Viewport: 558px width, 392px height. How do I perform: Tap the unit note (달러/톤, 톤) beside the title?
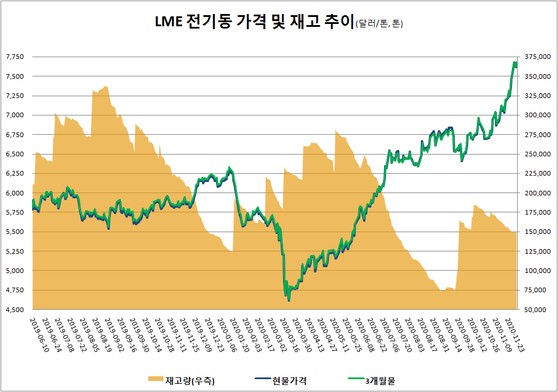tap(379, 24)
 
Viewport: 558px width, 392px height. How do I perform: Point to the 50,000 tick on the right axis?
tap(537, 310)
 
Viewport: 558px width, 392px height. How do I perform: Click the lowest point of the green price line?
tap(288, 301)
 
